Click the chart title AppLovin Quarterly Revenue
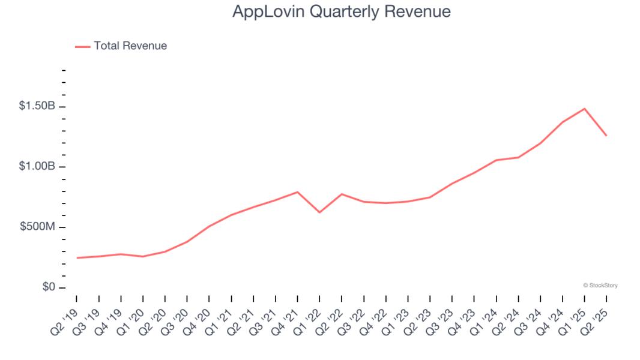click(342, 12)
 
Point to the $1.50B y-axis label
click(37, 106)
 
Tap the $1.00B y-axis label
click(37, 166)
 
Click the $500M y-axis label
click(37, 227)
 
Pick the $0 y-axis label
click(48, 287)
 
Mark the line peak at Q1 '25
click(584, 109)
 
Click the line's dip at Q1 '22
click(319, 212)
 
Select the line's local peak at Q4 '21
click(298, 192)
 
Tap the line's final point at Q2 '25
click(606, 136)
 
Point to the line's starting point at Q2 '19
click(77, 258)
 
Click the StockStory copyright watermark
click(600, 286)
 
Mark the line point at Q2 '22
click(342, 194)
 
